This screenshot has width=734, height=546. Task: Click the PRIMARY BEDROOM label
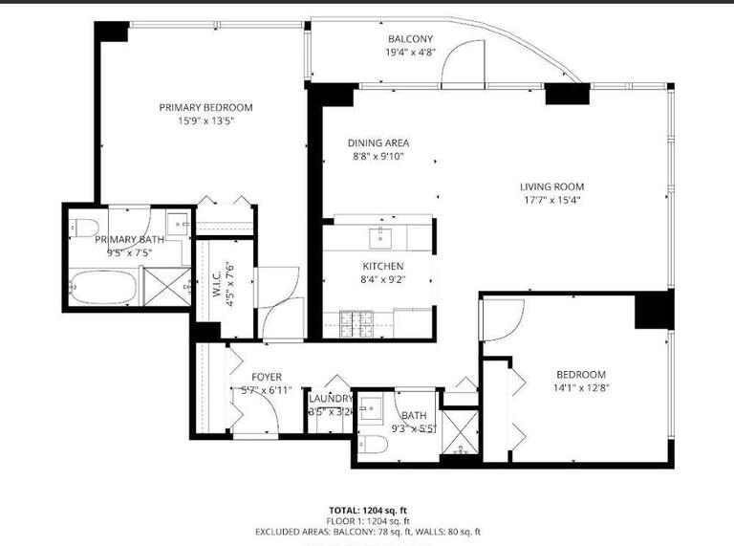coord(205,107)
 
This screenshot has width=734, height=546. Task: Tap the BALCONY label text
coord(410,38)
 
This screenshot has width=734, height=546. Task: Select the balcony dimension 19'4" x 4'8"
coord(410,53)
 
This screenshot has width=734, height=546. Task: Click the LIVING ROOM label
coord(551,186)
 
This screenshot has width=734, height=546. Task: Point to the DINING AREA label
coord(378,142)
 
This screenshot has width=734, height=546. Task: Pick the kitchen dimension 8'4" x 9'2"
coord(382,280)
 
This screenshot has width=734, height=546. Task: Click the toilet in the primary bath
coord(82,228)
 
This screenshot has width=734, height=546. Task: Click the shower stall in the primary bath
coord(166,286)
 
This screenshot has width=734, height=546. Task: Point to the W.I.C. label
coord(217,283)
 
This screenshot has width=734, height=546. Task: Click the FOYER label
coord(267,377)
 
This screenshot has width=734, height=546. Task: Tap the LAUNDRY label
coord(331,399)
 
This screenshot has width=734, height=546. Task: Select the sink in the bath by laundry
coord(374,405)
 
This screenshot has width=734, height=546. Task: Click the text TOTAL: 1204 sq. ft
coord(367,510)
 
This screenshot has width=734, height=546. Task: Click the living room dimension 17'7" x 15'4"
coord(551,201)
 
